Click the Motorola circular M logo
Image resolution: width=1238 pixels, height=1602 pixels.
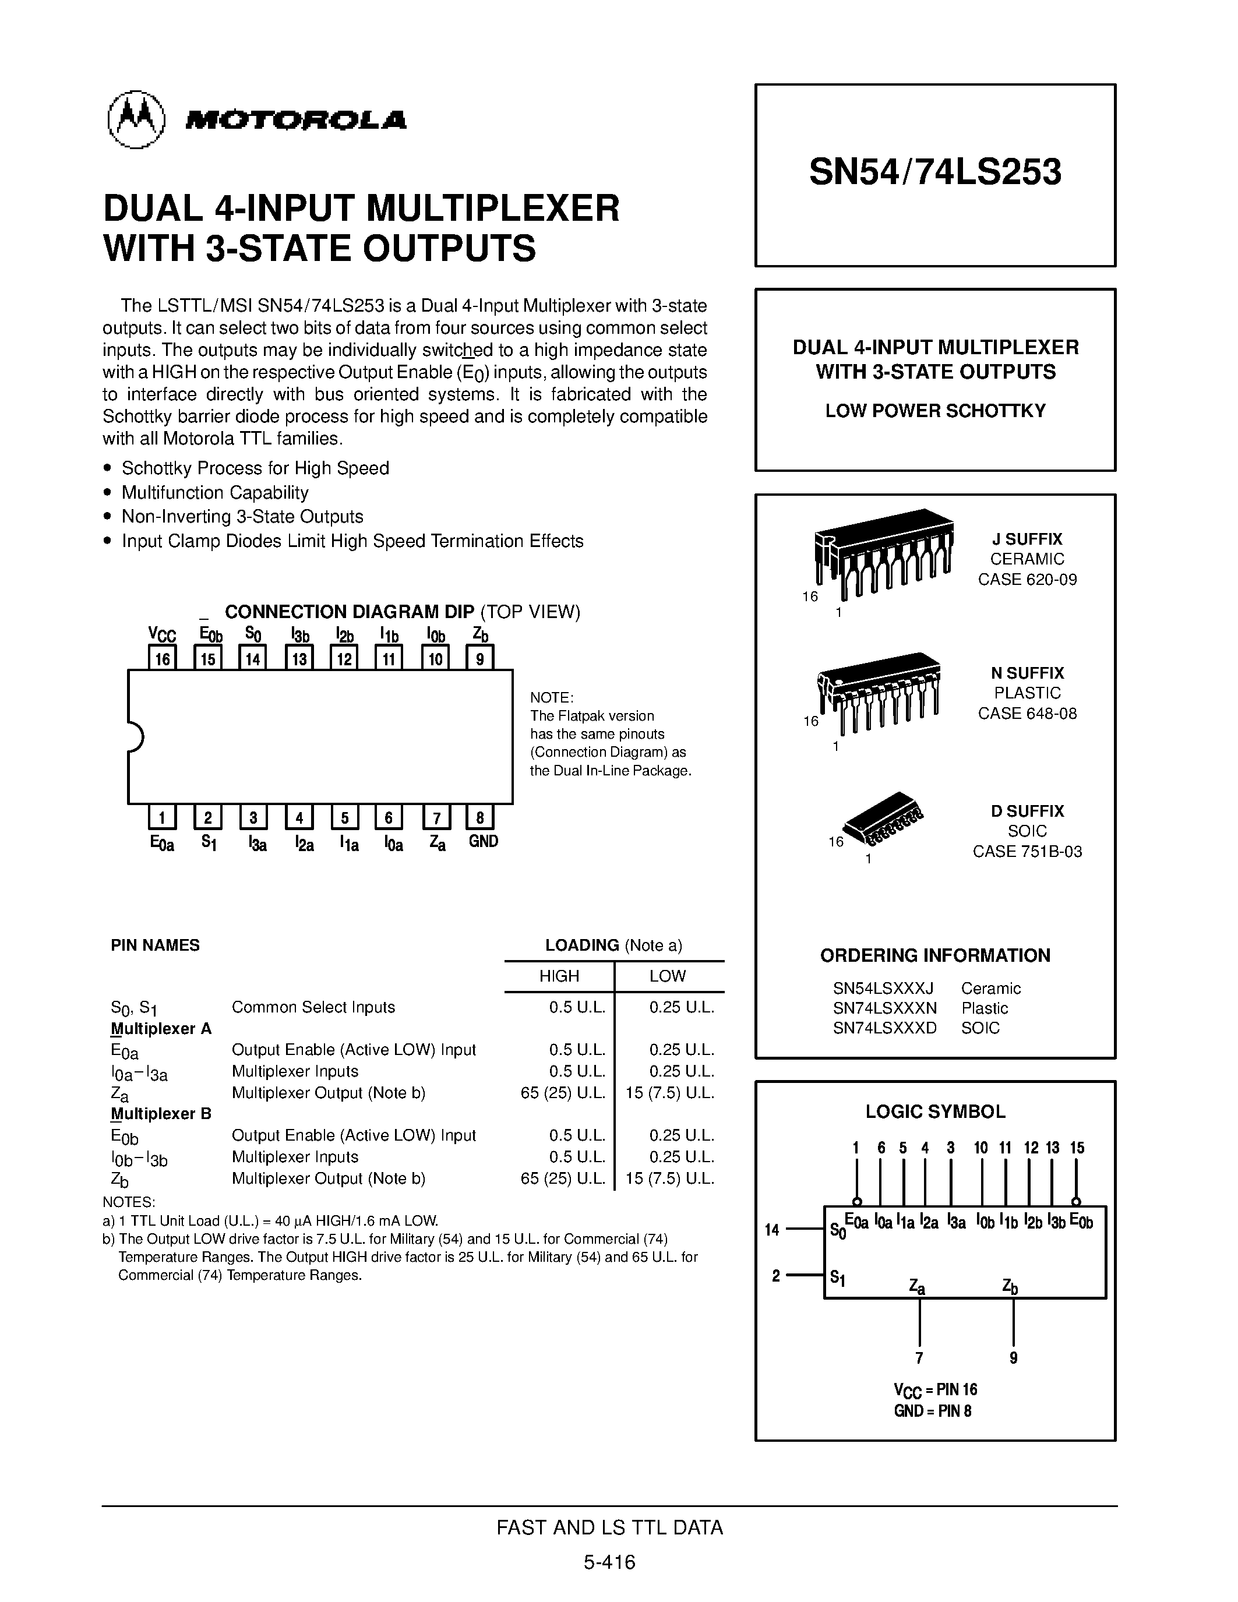tap(136, 119)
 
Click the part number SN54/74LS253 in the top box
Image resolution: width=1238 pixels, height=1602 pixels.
tap(935, 172)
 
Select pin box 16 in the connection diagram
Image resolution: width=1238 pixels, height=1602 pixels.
tap(162, 658)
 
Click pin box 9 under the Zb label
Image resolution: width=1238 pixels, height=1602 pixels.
tap(481, 658)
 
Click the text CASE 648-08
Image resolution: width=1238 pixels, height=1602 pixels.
tap(1027, 713)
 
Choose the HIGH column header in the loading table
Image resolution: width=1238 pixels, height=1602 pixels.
tap(559, 976)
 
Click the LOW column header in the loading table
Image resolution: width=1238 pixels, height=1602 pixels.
tap(668, 976)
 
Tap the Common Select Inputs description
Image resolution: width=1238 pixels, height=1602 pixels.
tap(313, 1007)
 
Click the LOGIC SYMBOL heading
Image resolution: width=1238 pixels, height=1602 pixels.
tap(935, 1111)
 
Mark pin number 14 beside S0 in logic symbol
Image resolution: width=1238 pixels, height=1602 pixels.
tap(771, 1229)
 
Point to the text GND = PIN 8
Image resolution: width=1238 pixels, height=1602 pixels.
tap(932, 1410)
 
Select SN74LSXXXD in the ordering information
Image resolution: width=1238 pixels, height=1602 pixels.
tap(884, 1028)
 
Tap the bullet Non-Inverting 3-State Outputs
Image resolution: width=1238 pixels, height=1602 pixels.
tap(242, 516)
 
